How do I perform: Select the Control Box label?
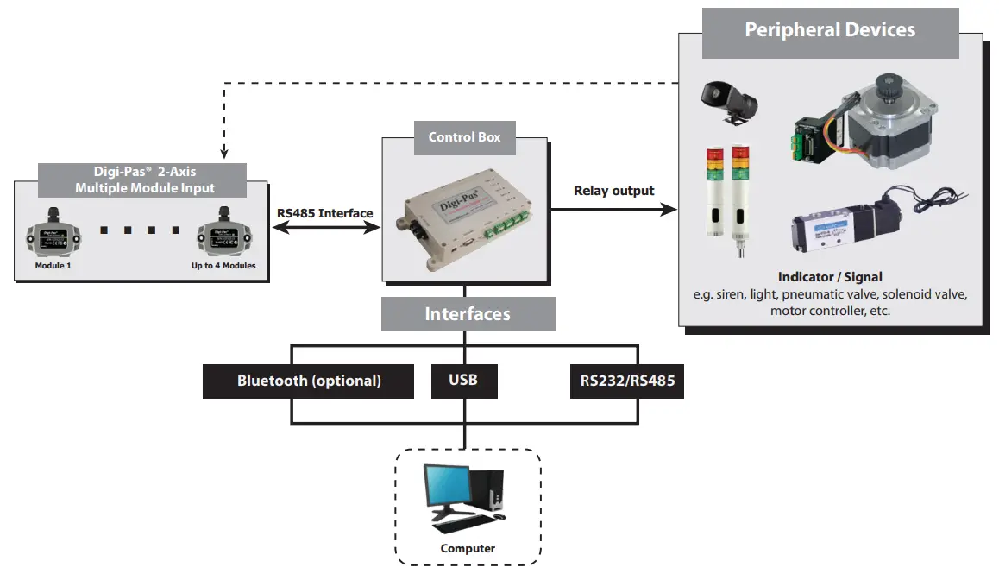(x=464, y=138)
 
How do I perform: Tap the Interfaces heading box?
(x=468, y=314)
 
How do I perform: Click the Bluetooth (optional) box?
(x=309, y=381)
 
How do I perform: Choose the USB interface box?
(x=463, y=381)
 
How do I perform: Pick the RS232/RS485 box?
(x=626, y=381)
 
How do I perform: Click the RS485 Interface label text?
(x=325, y=214)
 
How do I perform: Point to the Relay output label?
(x=614, y=191)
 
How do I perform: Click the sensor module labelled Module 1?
(x=51, y=234)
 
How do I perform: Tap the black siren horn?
(x=728, y=104)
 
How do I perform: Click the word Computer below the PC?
(x=468, y=549)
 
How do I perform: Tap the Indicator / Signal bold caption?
(x=830, y=277)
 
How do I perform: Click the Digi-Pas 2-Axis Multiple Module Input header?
(x=142, y=180)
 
